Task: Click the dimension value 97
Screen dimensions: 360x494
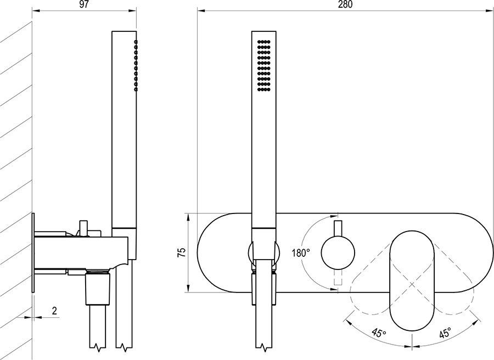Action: tap(84, 4)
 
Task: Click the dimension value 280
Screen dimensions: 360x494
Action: tap(345, 4)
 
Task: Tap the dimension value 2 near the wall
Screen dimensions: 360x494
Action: tap(54, 311)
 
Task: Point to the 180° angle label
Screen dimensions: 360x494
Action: tap(300, 253)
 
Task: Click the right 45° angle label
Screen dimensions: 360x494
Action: tap(445, 332)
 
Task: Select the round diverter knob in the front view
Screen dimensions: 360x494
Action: tap(336, 252)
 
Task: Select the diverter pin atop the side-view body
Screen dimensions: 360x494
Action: tap(83, 227)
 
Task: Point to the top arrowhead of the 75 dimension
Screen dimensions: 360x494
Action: tap(189, 216)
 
